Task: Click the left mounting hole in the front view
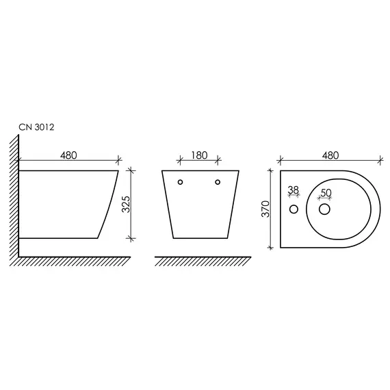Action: coord(181,182)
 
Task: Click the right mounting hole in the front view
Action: coord(218,182)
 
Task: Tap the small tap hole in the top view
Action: coord(294,208)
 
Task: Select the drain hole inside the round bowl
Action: coord(325,208)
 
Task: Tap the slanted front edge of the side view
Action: coord(108,205)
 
